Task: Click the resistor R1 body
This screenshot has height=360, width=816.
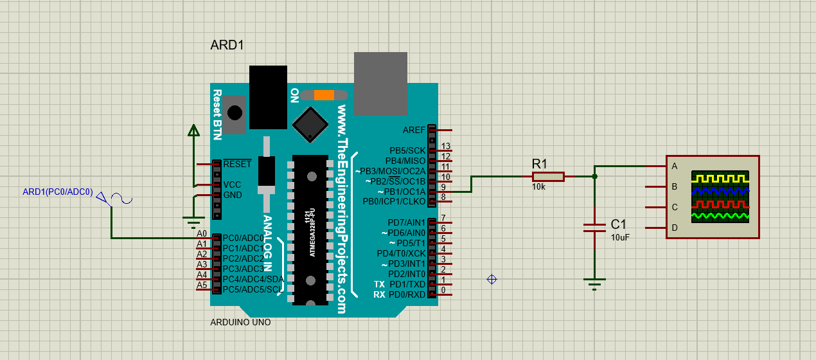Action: click(548, 176)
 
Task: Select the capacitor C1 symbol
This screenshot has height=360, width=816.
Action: click(594, 227)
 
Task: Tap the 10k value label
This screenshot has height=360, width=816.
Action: click(538, 187)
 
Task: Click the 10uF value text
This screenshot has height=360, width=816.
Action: click(620, 237)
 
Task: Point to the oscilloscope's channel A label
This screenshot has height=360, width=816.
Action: click(674, 166)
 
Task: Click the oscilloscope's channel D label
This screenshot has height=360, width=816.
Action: click(674, 228)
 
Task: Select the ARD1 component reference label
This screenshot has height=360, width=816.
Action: click(227, 46)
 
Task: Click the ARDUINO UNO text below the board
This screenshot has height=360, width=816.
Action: click(240, 322)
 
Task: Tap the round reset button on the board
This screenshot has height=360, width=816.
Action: click(235, 113)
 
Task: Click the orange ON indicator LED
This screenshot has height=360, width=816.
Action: click(324, 95)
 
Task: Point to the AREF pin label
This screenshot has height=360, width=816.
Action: click(414, 130)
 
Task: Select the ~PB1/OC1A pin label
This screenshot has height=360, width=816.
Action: click(402, 192)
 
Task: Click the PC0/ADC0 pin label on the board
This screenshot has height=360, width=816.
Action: click(243, 238)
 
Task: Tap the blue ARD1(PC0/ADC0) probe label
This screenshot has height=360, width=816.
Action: click(58, 192)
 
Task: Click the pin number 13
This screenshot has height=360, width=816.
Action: click(446, 147)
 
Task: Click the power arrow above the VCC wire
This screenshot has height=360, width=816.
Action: click(193, 130)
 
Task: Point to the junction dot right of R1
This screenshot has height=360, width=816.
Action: click(594, 176)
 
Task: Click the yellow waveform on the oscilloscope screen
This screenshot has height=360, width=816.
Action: click(720, 177)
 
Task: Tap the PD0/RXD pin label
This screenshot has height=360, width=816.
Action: click(407, 294)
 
